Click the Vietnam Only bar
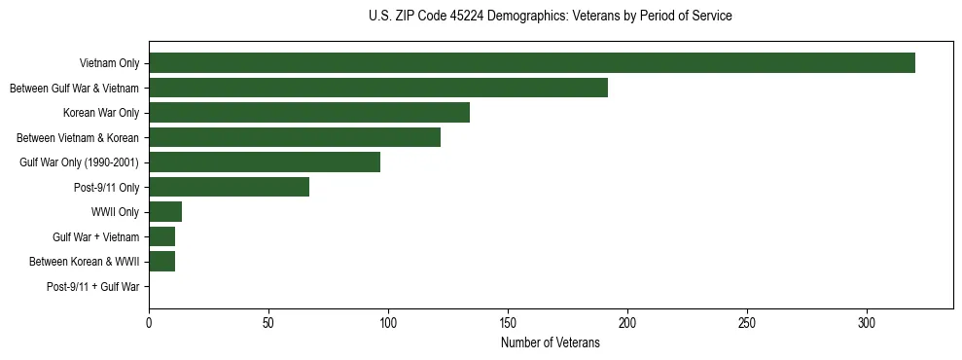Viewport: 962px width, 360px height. [x=532, y=63]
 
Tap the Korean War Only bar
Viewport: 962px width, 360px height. [x=309, y=113]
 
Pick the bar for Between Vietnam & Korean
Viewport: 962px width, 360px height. [x=295, y=137]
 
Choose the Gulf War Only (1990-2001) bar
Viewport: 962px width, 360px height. [x=265, y=162]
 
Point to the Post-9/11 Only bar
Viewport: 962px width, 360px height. [x=230, y=187]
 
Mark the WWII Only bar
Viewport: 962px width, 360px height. [x=165, y=212]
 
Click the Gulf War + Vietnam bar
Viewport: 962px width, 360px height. [x=162, y=236]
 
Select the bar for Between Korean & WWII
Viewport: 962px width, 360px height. [x=162, y=262]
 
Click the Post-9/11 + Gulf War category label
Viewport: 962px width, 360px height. [x=93, y=287]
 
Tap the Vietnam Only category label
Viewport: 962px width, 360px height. [x=109, y=64]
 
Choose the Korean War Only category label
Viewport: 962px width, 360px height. [x=101, y=113]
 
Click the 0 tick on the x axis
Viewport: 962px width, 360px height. [x=149, y=321]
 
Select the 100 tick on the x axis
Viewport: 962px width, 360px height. [x=388, y=321]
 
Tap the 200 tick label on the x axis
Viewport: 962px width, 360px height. [x=627, y=321]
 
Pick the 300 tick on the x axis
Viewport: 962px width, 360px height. [x=867, y=321]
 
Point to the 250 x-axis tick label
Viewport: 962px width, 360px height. [x=747, y=321]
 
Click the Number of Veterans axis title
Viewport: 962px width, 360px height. [x=551, y=343]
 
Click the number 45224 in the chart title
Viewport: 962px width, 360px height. [x=485, y=17]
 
